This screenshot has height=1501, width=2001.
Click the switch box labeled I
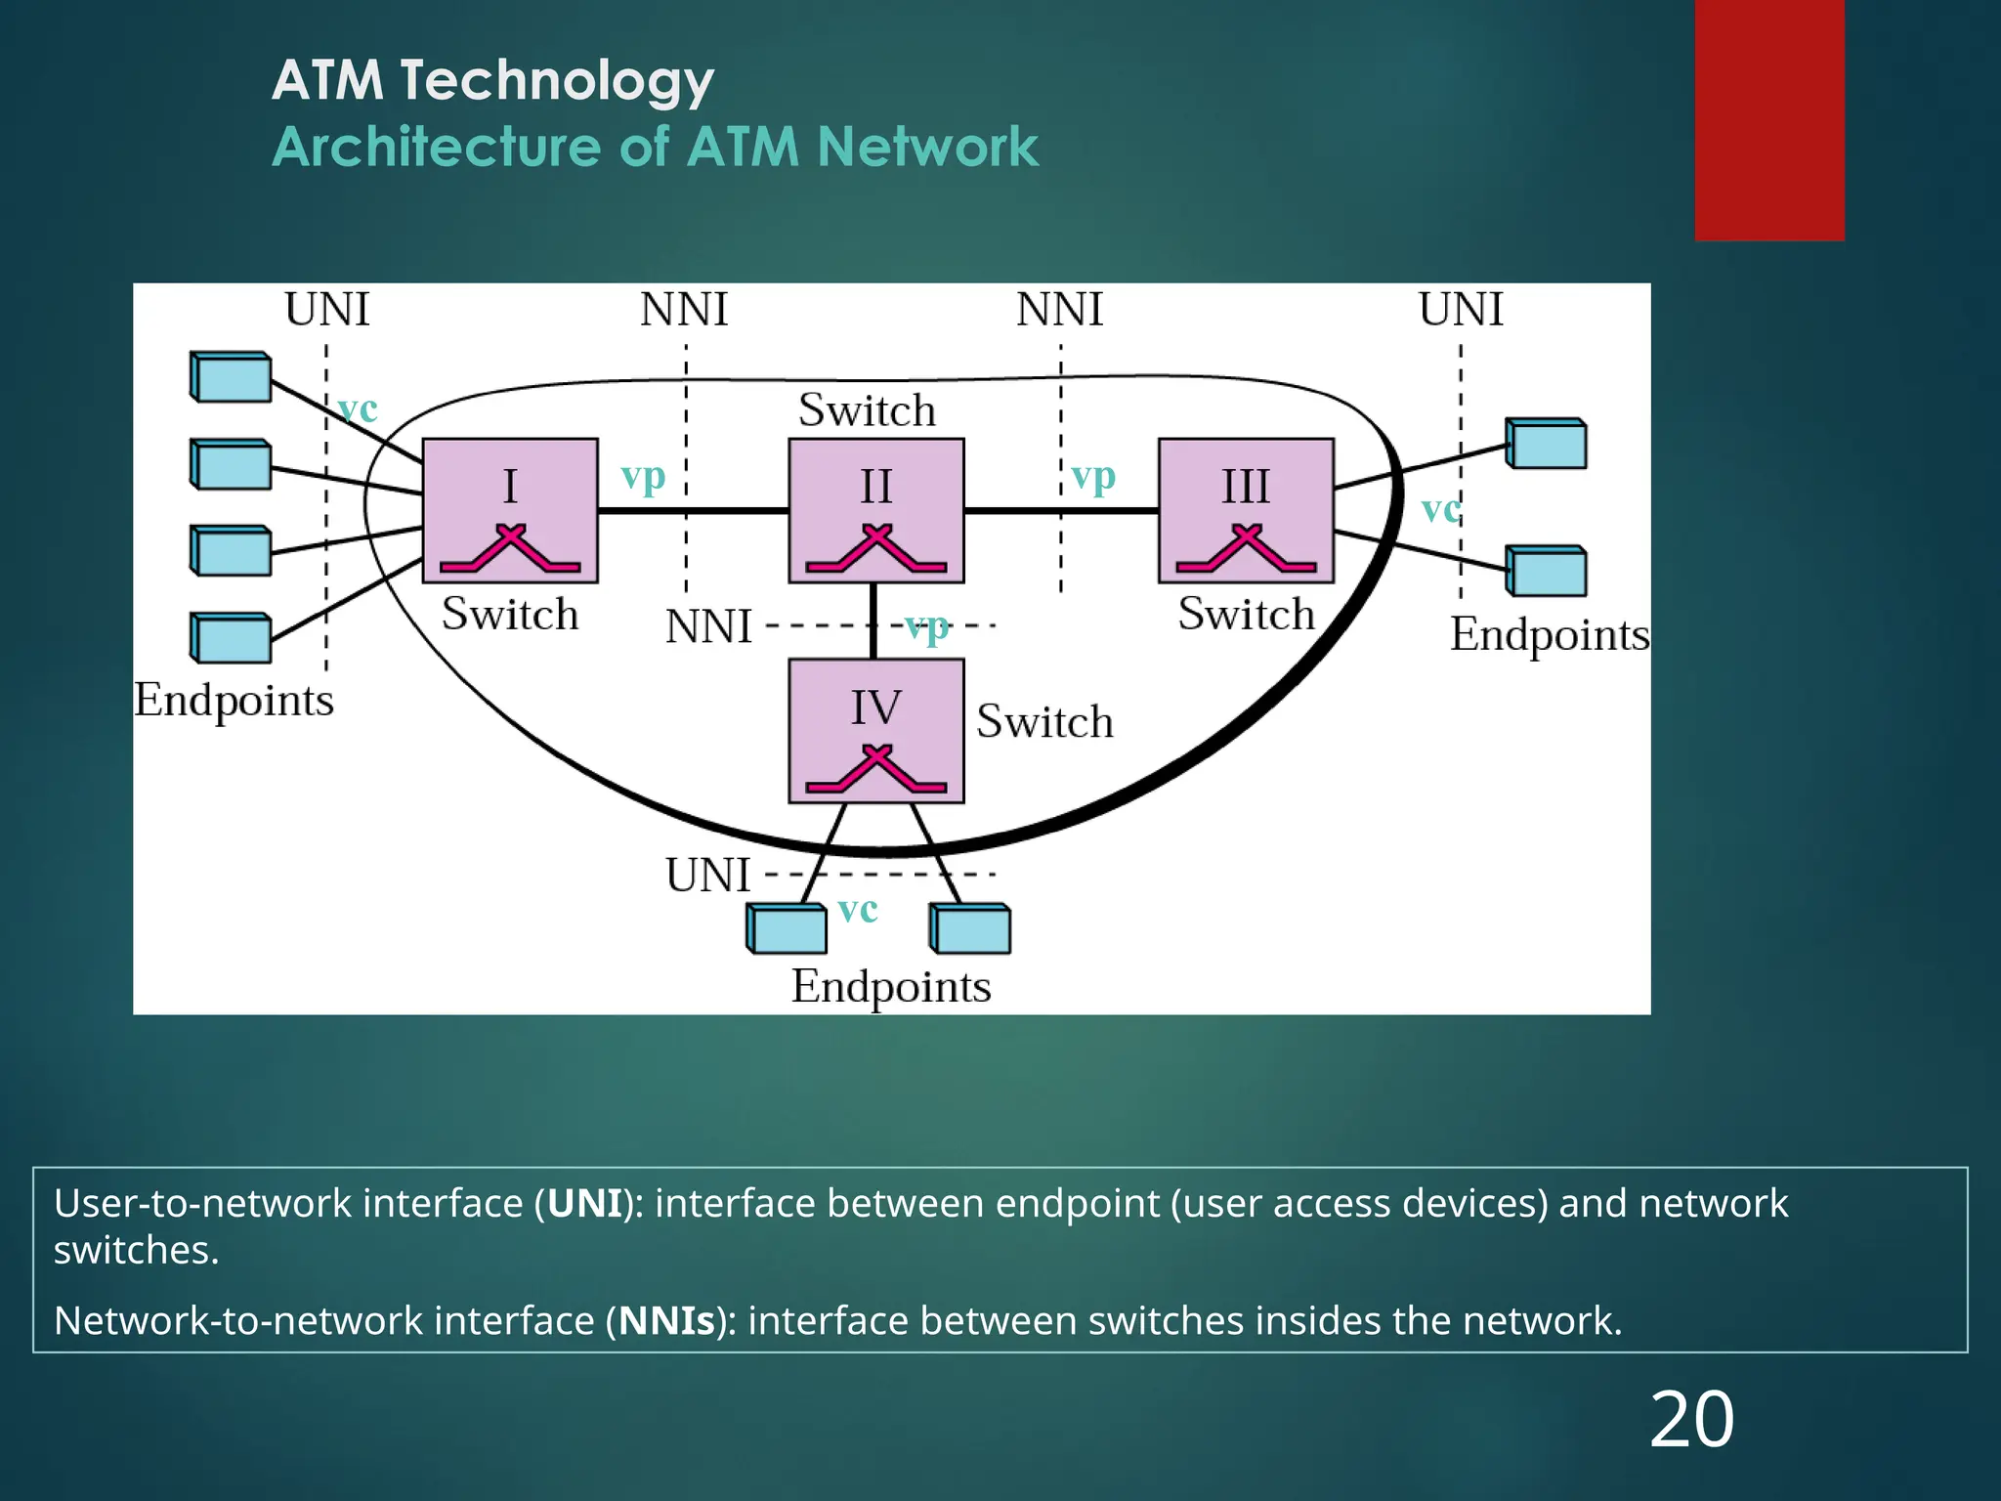pyautogui.click(x=509, y=509)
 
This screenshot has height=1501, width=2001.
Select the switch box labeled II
pyautogui.click(x=875, y=509)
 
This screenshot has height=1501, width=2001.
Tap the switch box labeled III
pyautogui.click(x=1246, y=509)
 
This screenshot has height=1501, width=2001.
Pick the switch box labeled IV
pyautogui.click(x=875, y=730)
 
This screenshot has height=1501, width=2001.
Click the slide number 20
pyautogui.click(x=1691, y=1420)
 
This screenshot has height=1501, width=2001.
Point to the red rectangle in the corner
pyautogui.click(x=1768, y=119)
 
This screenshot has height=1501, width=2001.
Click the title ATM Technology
pyautogui.click(x=492, y=80)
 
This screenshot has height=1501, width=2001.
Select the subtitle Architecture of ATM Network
pyautogui.click(x=655, y=148)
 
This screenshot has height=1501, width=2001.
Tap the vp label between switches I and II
pyautogui.click(x=643, y=478)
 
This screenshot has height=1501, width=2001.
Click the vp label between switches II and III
pyautogui.click(x=1092, y=478)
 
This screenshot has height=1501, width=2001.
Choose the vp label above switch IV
pyautogui.click(x=926, y=627)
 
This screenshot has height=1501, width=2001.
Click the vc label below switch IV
pyautogui.click(x=858, y=910)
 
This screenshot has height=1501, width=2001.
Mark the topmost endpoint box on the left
pyautogui.click(x=231, y=377)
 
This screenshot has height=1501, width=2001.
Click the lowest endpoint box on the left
pyautogui.click(x=231, y=638)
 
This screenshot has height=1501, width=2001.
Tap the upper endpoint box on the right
pyautogui.click(x=1546, y=444)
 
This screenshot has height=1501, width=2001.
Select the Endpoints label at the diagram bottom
pyautogui.click(x=890, y=987)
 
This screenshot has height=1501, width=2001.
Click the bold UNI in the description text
pyautogui.click(x=584, y=1203)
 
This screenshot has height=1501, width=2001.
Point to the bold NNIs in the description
pyautogui.click(x=666, y=1321)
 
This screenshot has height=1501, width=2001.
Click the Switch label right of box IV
pyautogui.click(x=1044, y=722)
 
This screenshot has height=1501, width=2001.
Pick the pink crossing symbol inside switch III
pyautogui.click(x=1246, y=549)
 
